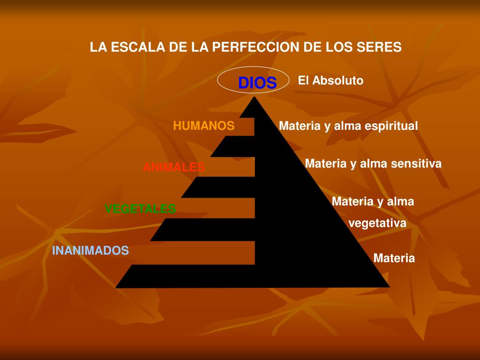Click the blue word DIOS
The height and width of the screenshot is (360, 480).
click(257, 83)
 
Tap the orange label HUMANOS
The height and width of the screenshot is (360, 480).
click(203, 126)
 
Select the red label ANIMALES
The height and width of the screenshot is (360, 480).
click(174, 167)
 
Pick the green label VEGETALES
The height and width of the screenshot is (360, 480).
click(140, 209)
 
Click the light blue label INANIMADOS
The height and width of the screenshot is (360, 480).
click(90, 250)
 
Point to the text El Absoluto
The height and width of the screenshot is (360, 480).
click(330, 81)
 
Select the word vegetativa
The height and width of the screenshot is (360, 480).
click(377, 223)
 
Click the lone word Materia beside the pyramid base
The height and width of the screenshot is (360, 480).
click(394, 258)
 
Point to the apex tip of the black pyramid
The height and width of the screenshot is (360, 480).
click(254, 97)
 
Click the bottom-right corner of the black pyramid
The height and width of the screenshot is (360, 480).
click(389, 286)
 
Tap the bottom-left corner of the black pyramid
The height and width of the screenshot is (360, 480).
click(116, 287)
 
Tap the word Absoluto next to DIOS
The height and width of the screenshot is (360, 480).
click(338, 81)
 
